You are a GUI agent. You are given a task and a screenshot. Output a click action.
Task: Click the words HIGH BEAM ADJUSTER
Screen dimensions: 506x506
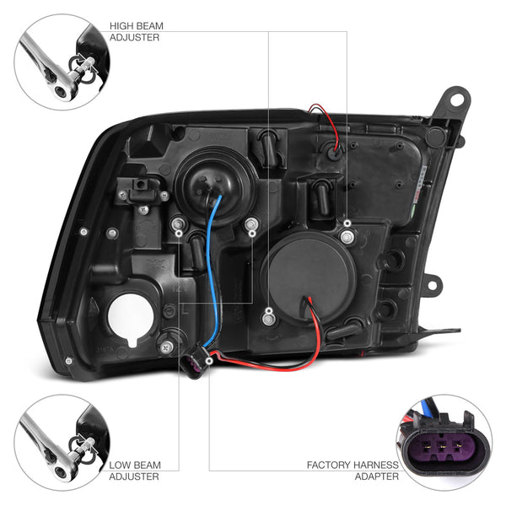(136, 31)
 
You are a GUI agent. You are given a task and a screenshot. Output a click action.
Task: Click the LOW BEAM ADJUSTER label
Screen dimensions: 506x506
(135, 471)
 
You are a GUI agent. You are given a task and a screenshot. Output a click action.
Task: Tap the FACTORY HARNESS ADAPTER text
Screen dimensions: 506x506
(353, 471)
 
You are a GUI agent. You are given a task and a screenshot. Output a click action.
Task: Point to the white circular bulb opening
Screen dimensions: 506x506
(132, 320)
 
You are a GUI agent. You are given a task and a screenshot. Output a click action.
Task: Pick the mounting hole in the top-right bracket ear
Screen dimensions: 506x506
(455, 99)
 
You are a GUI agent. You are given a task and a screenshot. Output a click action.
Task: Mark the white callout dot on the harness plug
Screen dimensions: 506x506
(209, 361)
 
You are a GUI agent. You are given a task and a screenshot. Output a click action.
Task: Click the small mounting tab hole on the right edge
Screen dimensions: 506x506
(432, 285)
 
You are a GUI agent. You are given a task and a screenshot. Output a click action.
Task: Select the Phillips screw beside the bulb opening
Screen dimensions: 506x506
(166, 347)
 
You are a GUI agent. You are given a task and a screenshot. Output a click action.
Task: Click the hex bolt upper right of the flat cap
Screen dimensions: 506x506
(347, 237)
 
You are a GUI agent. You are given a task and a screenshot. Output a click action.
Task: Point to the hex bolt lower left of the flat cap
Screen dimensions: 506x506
(268, 320)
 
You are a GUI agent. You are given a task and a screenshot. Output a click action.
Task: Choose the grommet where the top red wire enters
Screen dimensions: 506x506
(334, 151)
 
